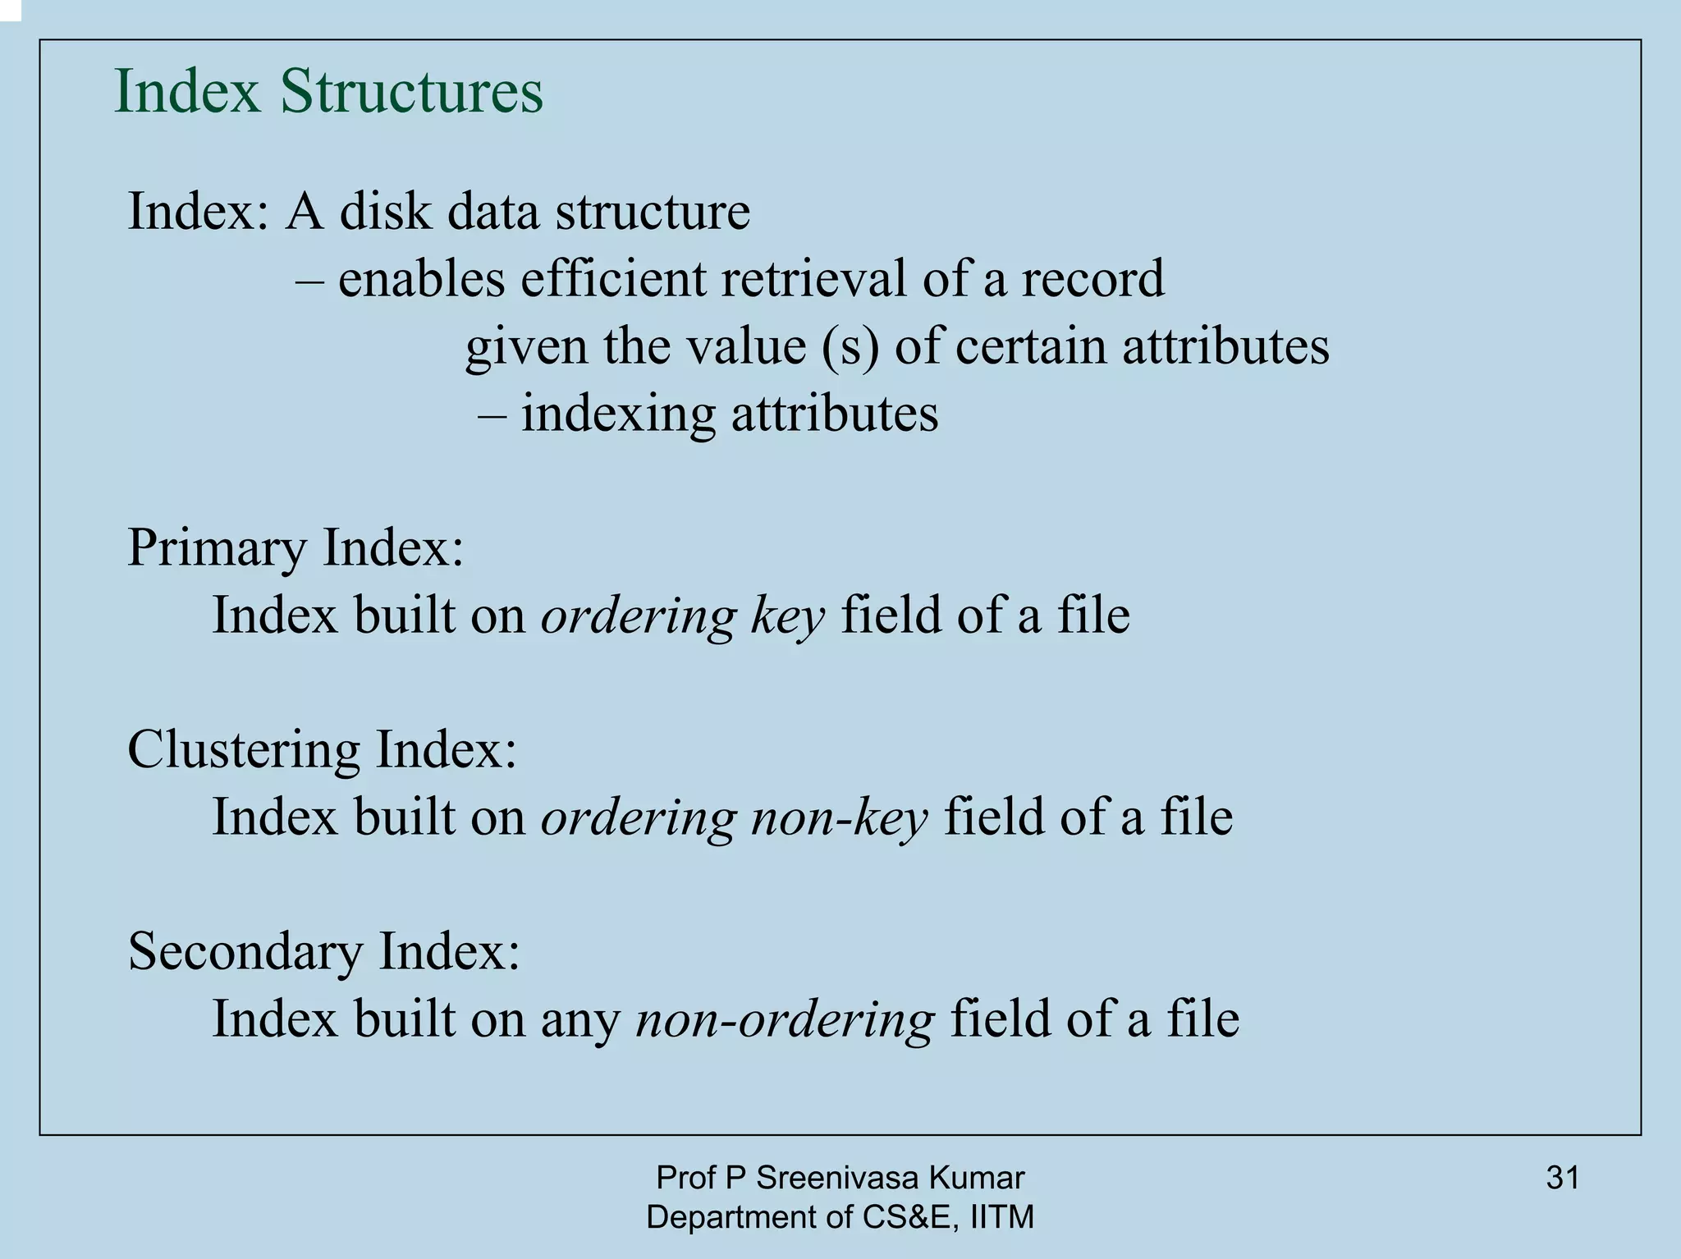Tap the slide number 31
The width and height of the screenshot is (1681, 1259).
1563,1178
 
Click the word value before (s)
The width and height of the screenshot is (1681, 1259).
746,346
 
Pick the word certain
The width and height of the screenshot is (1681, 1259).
1031,346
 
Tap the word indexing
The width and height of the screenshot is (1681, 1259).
618,414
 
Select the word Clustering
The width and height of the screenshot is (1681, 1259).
244,749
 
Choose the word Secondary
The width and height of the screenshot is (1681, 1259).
245,951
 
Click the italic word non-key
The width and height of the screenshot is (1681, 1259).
839,817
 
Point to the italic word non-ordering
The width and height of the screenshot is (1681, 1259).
785,1019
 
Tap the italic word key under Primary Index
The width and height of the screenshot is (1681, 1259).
787,616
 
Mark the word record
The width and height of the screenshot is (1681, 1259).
1092,278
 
